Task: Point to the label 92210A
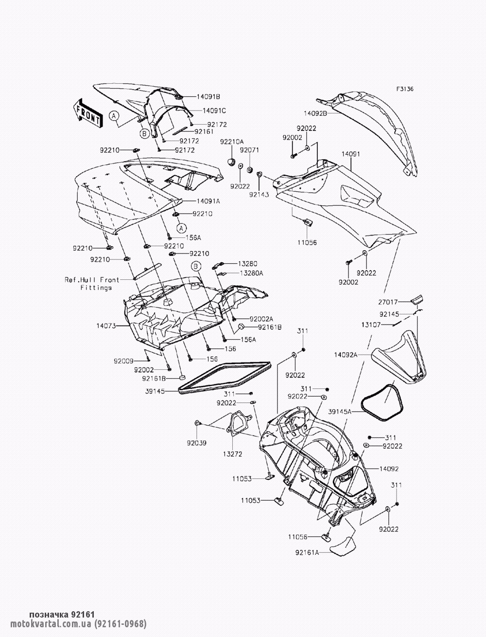click(231, 142)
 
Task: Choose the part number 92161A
click(307, 552)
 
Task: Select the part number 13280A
click(251, 273)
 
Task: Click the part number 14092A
click(346, 355)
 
